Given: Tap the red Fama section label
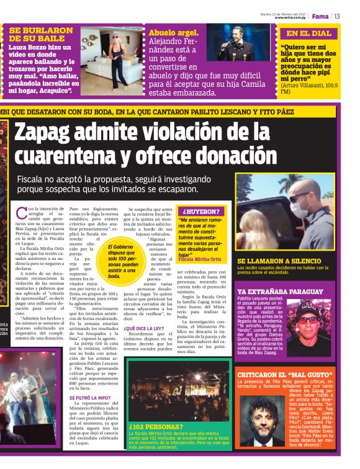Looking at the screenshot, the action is (320, 16).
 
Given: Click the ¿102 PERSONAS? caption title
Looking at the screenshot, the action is (156, 427).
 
